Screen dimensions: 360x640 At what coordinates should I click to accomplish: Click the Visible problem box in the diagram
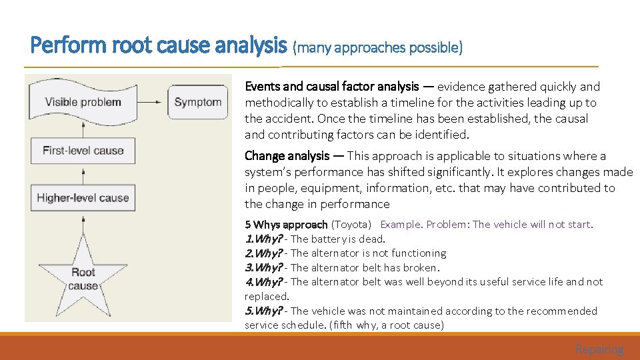[x=83, y=102]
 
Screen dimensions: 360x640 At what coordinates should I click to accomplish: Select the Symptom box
[x=197, y=102]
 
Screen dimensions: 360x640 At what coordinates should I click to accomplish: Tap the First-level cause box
[x=83, y=150]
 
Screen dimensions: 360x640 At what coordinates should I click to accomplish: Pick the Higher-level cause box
[x=83, y=197]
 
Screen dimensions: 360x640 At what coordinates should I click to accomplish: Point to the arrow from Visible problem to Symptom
[x=150, y=102]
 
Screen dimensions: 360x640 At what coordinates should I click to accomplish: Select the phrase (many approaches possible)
[x=377, y=47]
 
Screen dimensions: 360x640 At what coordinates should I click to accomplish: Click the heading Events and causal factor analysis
[x=332, y=86]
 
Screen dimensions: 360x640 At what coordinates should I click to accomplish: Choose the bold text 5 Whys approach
[x=286, y=225]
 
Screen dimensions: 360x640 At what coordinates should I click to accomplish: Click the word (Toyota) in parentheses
[x=351, y=225]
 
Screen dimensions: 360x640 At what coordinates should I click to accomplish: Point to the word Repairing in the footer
[x=599, y=349]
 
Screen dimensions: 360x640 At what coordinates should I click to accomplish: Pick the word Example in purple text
[x=401, y=225]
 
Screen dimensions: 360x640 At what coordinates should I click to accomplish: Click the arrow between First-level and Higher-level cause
[x=83, y=173]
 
